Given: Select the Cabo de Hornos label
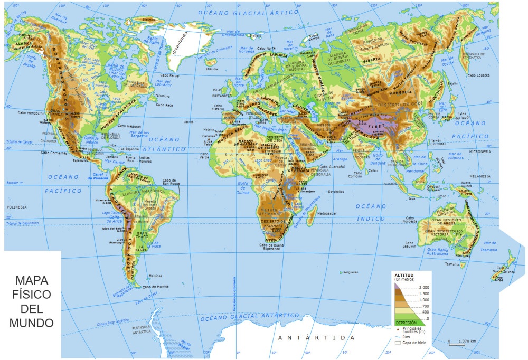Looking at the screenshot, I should click(156, 287).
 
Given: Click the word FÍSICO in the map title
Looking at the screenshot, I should click(32, 293).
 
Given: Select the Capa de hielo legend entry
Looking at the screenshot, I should click(414, 343).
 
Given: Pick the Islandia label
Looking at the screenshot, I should click(212, 69).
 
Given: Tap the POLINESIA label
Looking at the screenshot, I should click(17, 207).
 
